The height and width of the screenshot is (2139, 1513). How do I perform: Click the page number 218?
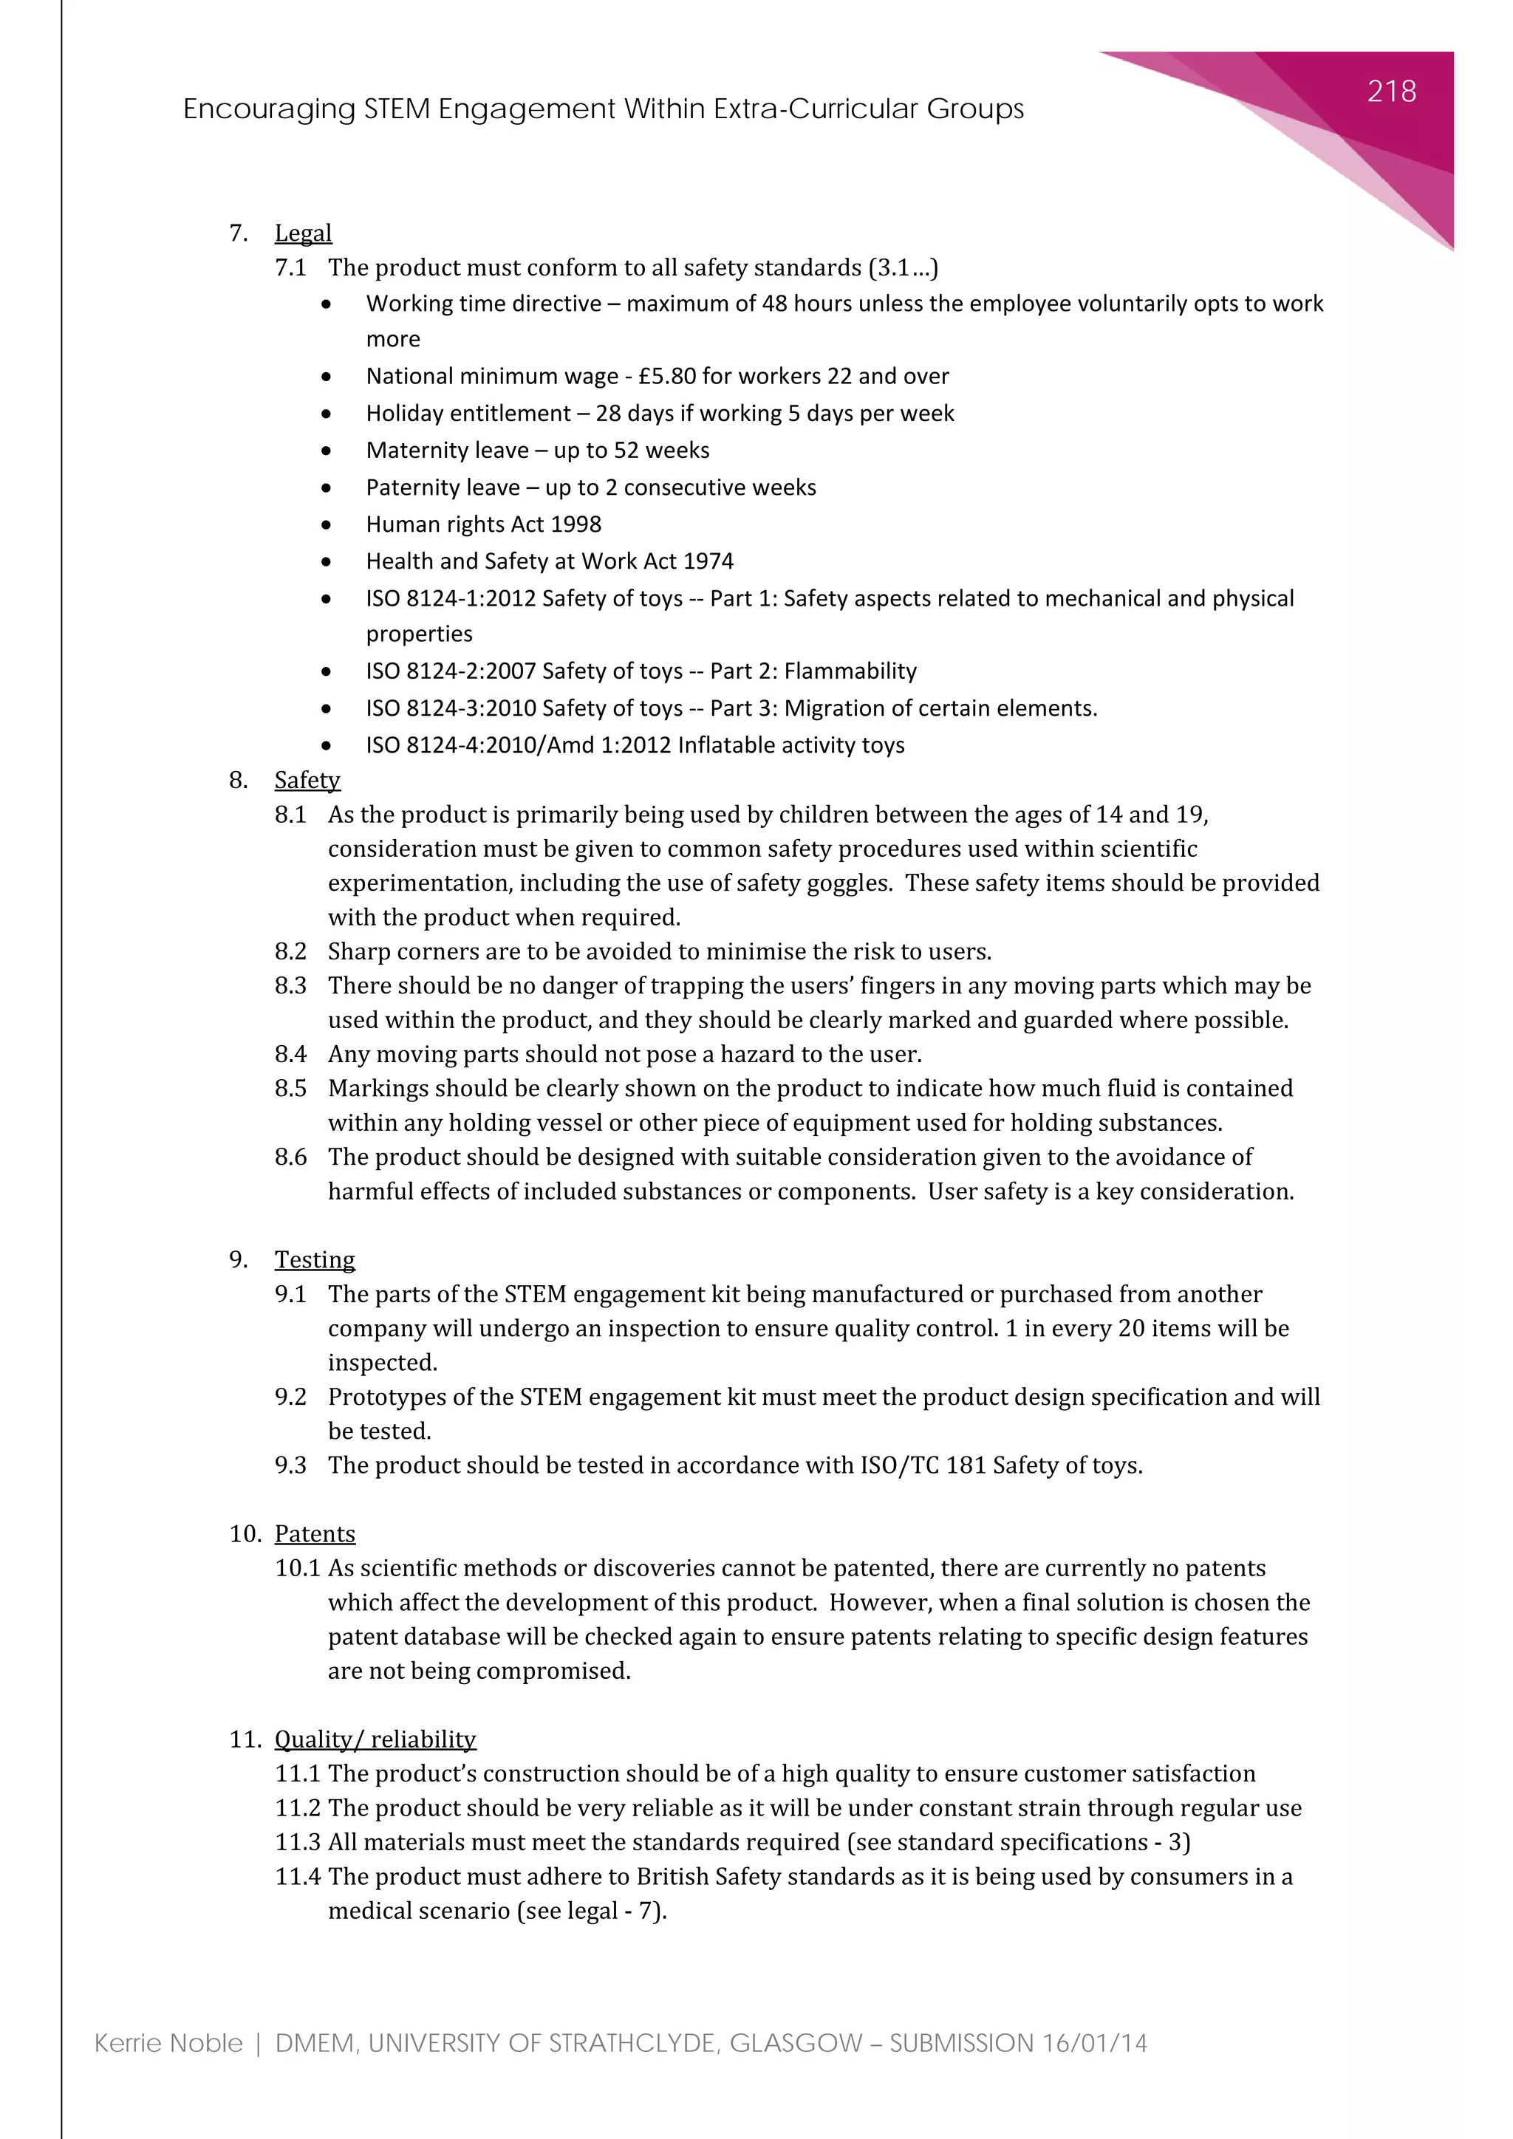click(x=1391, y=92)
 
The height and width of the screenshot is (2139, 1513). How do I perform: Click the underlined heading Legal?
click(x=303, y=233)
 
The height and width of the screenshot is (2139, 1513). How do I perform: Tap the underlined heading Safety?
click(x=307, y=780)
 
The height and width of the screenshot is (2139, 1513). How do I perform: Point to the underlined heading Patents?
click(x=315, y=1533)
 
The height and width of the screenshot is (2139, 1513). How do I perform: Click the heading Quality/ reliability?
click(x=375, y=1739)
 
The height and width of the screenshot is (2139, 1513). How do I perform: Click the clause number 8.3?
click(x=290, y=985)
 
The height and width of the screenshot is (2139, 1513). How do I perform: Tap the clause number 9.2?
click(x=290, y=1397)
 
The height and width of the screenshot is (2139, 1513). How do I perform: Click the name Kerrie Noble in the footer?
click(x=168, y=2044)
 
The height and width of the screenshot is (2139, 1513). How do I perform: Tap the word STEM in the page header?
click(x=397, y=110)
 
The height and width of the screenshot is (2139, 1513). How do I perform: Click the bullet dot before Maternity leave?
click(x=326, y=451)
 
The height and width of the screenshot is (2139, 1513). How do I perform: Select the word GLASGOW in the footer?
click(x=796, y=2044)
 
